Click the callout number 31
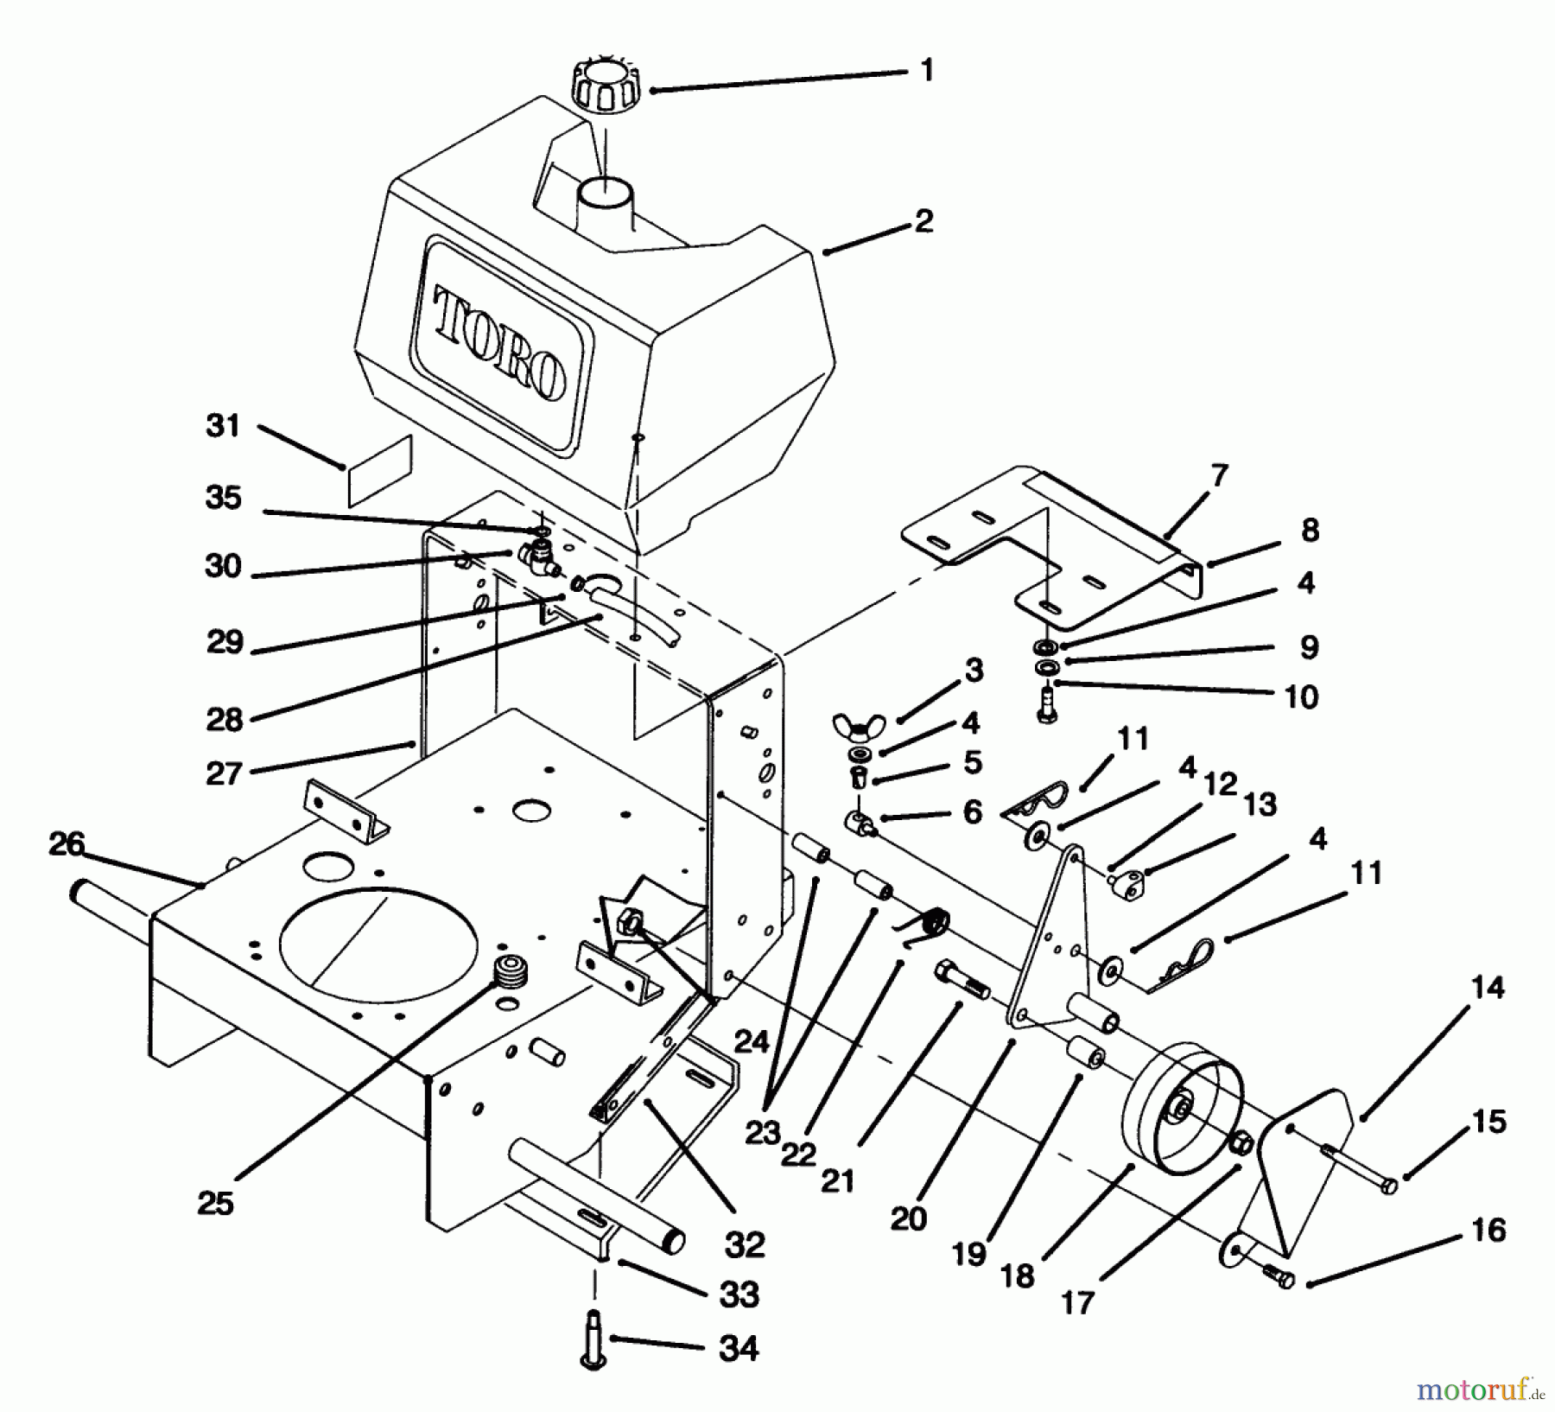(x=223, y=426)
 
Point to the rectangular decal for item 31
(x=380, y=471)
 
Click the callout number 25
(x=215, y=1203)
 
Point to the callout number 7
(x=1219, y=474)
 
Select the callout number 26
(x=67, y=844)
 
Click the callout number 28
(x=225, y=718)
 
